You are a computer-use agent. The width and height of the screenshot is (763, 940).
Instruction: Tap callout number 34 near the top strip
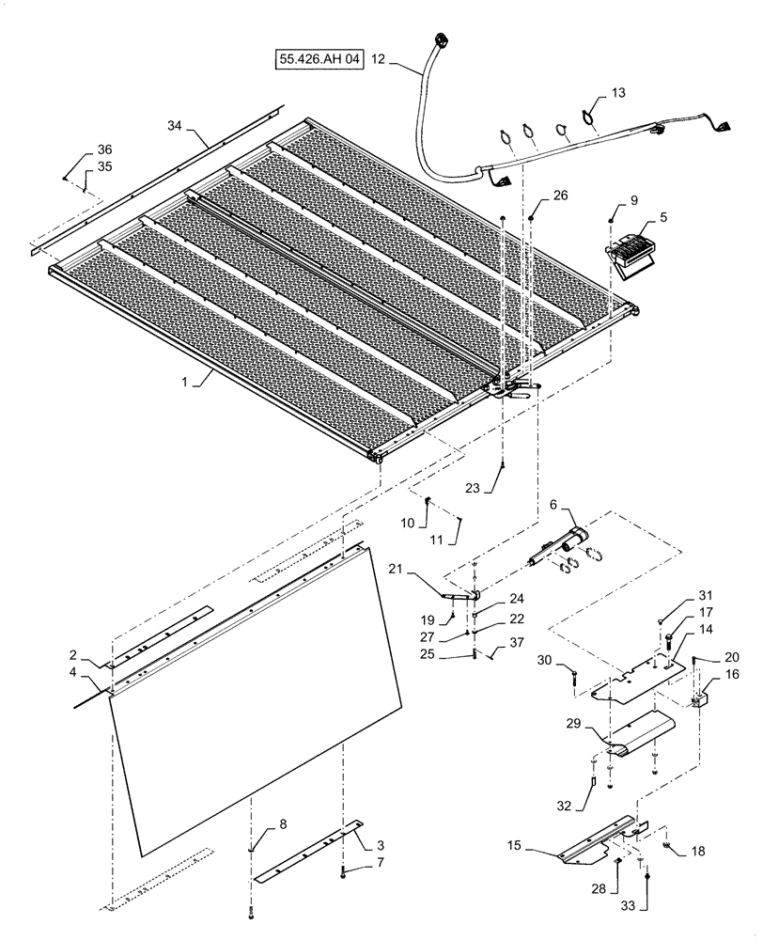pyautogui.click(x=176, y=125)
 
